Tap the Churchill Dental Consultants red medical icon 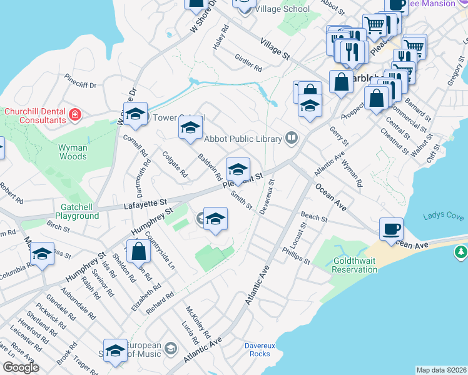(75, 114)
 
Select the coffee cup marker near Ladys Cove (392, 228)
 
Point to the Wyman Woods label (73, 152)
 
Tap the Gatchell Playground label (80, 211)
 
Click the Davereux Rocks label (258, 349)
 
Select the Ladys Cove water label (443, 217)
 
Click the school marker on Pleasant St (238, 170)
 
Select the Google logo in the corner (20, 367)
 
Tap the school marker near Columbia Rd (42, 254)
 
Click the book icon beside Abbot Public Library (291, 137)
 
